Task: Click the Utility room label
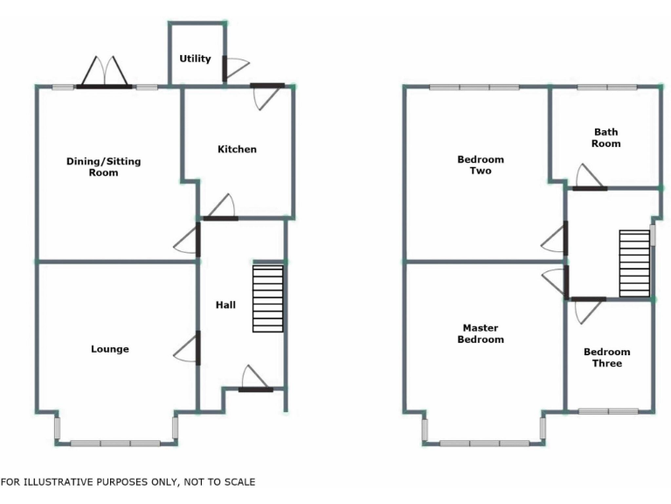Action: click(x=195, y=59)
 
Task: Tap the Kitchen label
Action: click(x=237, y=149)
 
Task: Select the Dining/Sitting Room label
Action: click(x=103, y=166)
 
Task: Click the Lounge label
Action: click(x=110, y=349)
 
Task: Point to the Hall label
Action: click(x=225, y=304)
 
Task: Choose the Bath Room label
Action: click(x=605, y=137)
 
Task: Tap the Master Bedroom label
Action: click(x=481, y=333)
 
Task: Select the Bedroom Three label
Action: click(x=607, y=357)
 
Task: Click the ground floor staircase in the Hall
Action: click(x=268, y=297)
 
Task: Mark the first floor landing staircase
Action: click(x=634, y=263)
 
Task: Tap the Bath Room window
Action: click(x=606, y=87)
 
